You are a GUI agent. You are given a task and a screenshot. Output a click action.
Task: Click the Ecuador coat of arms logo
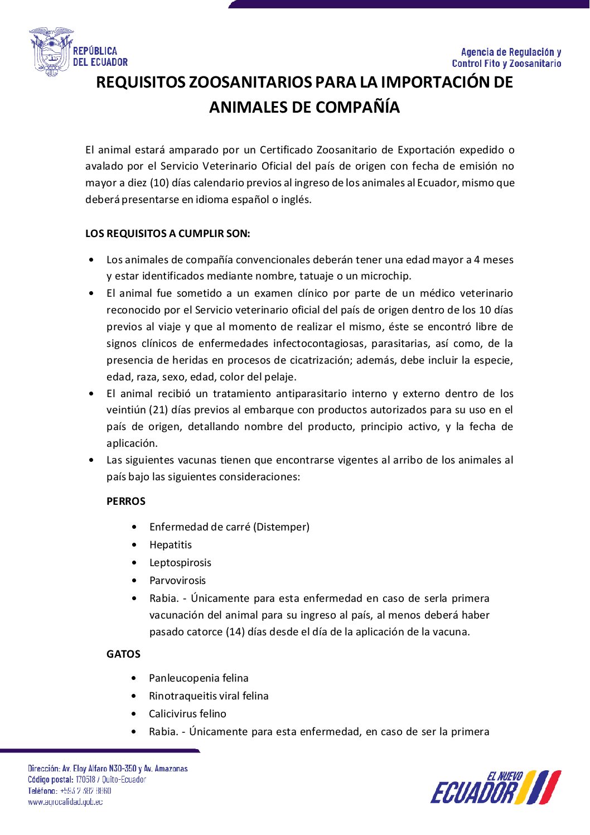[51, 52]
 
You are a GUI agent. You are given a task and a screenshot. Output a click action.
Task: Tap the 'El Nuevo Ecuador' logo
[495, 787]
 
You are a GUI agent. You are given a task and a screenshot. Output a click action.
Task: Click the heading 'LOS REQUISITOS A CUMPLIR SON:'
[167, 234]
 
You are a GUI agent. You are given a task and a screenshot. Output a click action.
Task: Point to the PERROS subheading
[125, 501]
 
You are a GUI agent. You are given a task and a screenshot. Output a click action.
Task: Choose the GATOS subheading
[123, 654]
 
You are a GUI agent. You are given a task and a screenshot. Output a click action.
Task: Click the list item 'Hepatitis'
[170, 545]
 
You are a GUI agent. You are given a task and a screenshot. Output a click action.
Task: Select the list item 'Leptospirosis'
[180, 563]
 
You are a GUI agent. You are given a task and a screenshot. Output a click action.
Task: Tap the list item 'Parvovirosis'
[177, 581]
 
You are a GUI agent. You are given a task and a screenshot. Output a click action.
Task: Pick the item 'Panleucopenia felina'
[199, 678]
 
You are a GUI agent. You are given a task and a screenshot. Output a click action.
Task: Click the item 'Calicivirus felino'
[187, 714]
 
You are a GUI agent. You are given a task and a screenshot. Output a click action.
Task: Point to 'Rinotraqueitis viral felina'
[209, 696]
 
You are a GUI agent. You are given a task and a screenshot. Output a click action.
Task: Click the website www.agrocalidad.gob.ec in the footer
[65, 802]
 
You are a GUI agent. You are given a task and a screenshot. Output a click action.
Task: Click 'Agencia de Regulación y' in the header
[511, 52]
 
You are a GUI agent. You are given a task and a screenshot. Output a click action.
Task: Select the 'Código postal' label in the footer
[50, 779]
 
